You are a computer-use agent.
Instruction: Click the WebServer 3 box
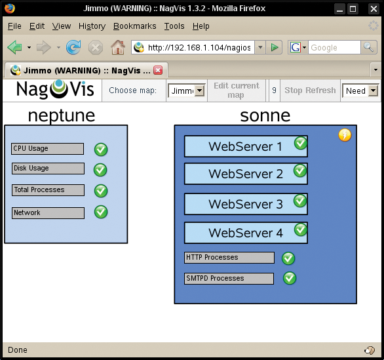pyautogui.click(x=246, y=204)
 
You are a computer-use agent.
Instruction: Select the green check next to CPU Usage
pyautogui.click(x=101, y=150)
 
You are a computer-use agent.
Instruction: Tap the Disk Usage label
pyautogui.click(x=48, y=169)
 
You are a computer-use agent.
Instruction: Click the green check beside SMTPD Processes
pyautogui.click(x=290, y=279)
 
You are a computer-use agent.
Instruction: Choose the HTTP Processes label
pyautogui.click(x=229, y=258)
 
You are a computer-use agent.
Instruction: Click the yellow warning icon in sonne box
pyautogui.click(x=345, y=135)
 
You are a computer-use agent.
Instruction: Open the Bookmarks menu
pyautogui.click(x=134, y=26)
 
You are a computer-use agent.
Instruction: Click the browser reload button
pyautogui.click(x=73, y=47)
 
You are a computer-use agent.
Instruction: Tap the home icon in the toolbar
pyautogui.click(x=117, y=47)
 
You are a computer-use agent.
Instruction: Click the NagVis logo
pyautogui.click(x=55, y=90)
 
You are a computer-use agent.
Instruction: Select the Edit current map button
pyautogui.click(x=237, y=90)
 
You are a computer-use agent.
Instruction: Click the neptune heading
pyautogui.click(x=62, y=115)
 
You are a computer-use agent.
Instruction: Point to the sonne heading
pyautogui.click(x=265, y=115)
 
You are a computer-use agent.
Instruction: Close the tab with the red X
pyautogui.click(x=158, y=70)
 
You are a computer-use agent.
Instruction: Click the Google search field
pyautogui.click(x=334, y=47)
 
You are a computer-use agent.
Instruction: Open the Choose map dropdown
pyautogui.click(x=187, y=90)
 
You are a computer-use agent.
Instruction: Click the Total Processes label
pyautogui.click(x=48, y=190)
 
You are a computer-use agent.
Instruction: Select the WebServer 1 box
pyautogui.click(x=246, y=146)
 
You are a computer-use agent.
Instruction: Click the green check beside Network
pyautogui.click(x=101, y=212)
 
